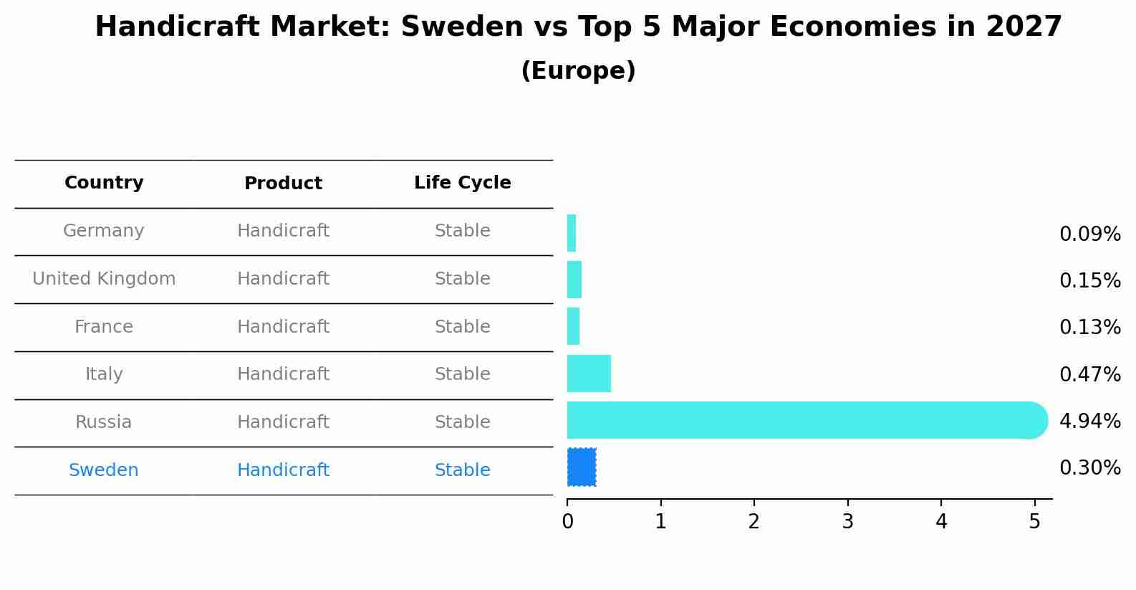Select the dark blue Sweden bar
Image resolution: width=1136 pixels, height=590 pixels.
(x=582, y=467)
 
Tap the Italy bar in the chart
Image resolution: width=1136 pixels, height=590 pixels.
(x=589, y=373)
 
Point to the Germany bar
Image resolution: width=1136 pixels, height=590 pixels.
(x=572, y=233)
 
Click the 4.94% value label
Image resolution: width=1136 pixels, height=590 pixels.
(x=1089, y=422)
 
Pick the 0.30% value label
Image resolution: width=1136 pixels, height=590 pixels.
(x=1089, y=468)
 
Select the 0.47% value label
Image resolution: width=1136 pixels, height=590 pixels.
(x=1089, y=375)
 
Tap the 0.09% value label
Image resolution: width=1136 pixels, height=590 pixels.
(x=1089, y=234)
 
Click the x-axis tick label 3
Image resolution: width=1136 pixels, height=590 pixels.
(x=847, y=522)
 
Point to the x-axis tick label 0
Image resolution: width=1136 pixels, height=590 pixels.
(x=567, y=522)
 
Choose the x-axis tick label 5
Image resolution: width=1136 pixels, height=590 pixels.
(x=1034, y=522)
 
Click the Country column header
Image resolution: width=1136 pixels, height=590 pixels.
(x=104, y=183)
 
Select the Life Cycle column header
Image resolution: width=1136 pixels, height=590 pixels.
(x=462, y=183)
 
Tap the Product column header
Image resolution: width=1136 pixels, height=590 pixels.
(x=283, y=184)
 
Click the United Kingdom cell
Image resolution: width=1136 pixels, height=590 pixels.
(x=104, y=279)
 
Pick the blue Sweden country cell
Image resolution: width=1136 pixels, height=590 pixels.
(x=104, y=470)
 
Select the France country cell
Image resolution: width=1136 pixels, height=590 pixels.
(x=104, y=327)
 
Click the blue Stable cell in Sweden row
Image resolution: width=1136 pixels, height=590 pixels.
(x=462, y=470)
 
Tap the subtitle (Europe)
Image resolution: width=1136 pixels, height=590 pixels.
(x=578, y=71)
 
